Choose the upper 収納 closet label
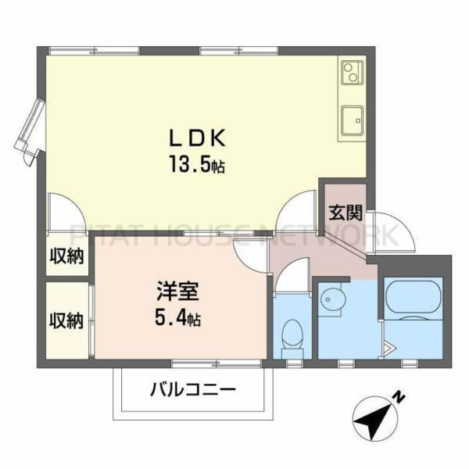[x=66, y=257]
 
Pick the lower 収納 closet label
[x=66, y=320]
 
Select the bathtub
[x=414, y=298]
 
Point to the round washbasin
[x=332, y=300]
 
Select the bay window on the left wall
[x=29, y=129]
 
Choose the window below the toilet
[x=294, y=363]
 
